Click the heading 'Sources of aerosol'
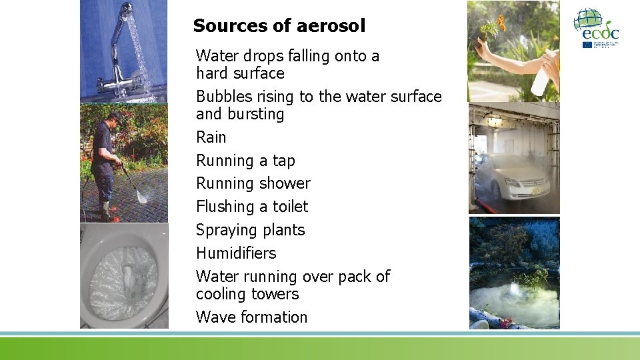click(279, 26)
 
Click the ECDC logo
click(596, 28)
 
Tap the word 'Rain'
click(211, 137)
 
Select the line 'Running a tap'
click(245, 161)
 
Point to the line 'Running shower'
click(253, 183)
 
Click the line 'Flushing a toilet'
click(252, 207)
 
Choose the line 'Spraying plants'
click(250, 230)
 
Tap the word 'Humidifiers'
click(236, 253)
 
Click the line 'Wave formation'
click(252, 317)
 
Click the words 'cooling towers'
click(247, 294)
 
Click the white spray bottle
click(541, 77)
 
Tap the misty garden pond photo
click(514, 273)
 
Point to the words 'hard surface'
click(240, 73)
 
